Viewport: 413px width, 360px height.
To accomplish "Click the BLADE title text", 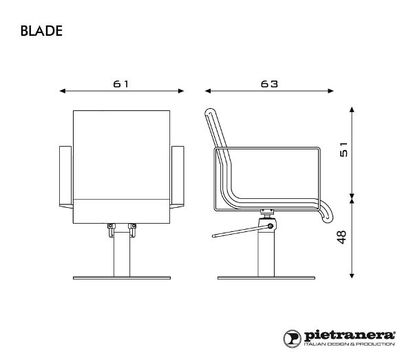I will coord(43,31).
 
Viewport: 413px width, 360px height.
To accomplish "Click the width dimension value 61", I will coord(122,83).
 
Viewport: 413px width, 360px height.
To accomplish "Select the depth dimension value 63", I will coord(269,83).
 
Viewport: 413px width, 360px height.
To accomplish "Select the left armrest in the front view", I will coord(67,177).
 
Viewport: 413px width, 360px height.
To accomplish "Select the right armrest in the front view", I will coord(178,177).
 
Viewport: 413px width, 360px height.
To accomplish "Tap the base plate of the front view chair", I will coord(122,277).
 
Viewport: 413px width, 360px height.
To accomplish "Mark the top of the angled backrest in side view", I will coord(211,112).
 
